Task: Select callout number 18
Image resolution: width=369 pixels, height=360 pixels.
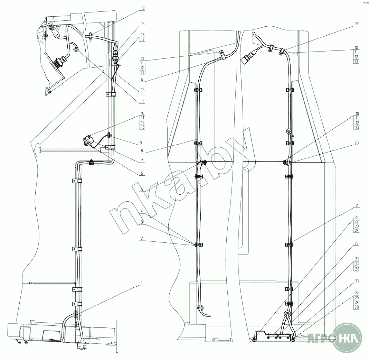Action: (143, 24)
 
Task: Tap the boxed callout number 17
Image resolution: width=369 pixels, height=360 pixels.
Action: (143, 40)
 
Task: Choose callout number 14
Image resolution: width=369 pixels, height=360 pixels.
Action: (143, 101)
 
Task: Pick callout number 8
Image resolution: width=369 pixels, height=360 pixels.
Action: (143, 151)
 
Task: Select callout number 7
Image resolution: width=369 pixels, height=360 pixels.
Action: (143, 161)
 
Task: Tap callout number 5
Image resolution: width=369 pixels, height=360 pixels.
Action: (143, 190)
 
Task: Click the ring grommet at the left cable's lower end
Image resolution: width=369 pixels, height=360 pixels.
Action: (200, 307)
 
